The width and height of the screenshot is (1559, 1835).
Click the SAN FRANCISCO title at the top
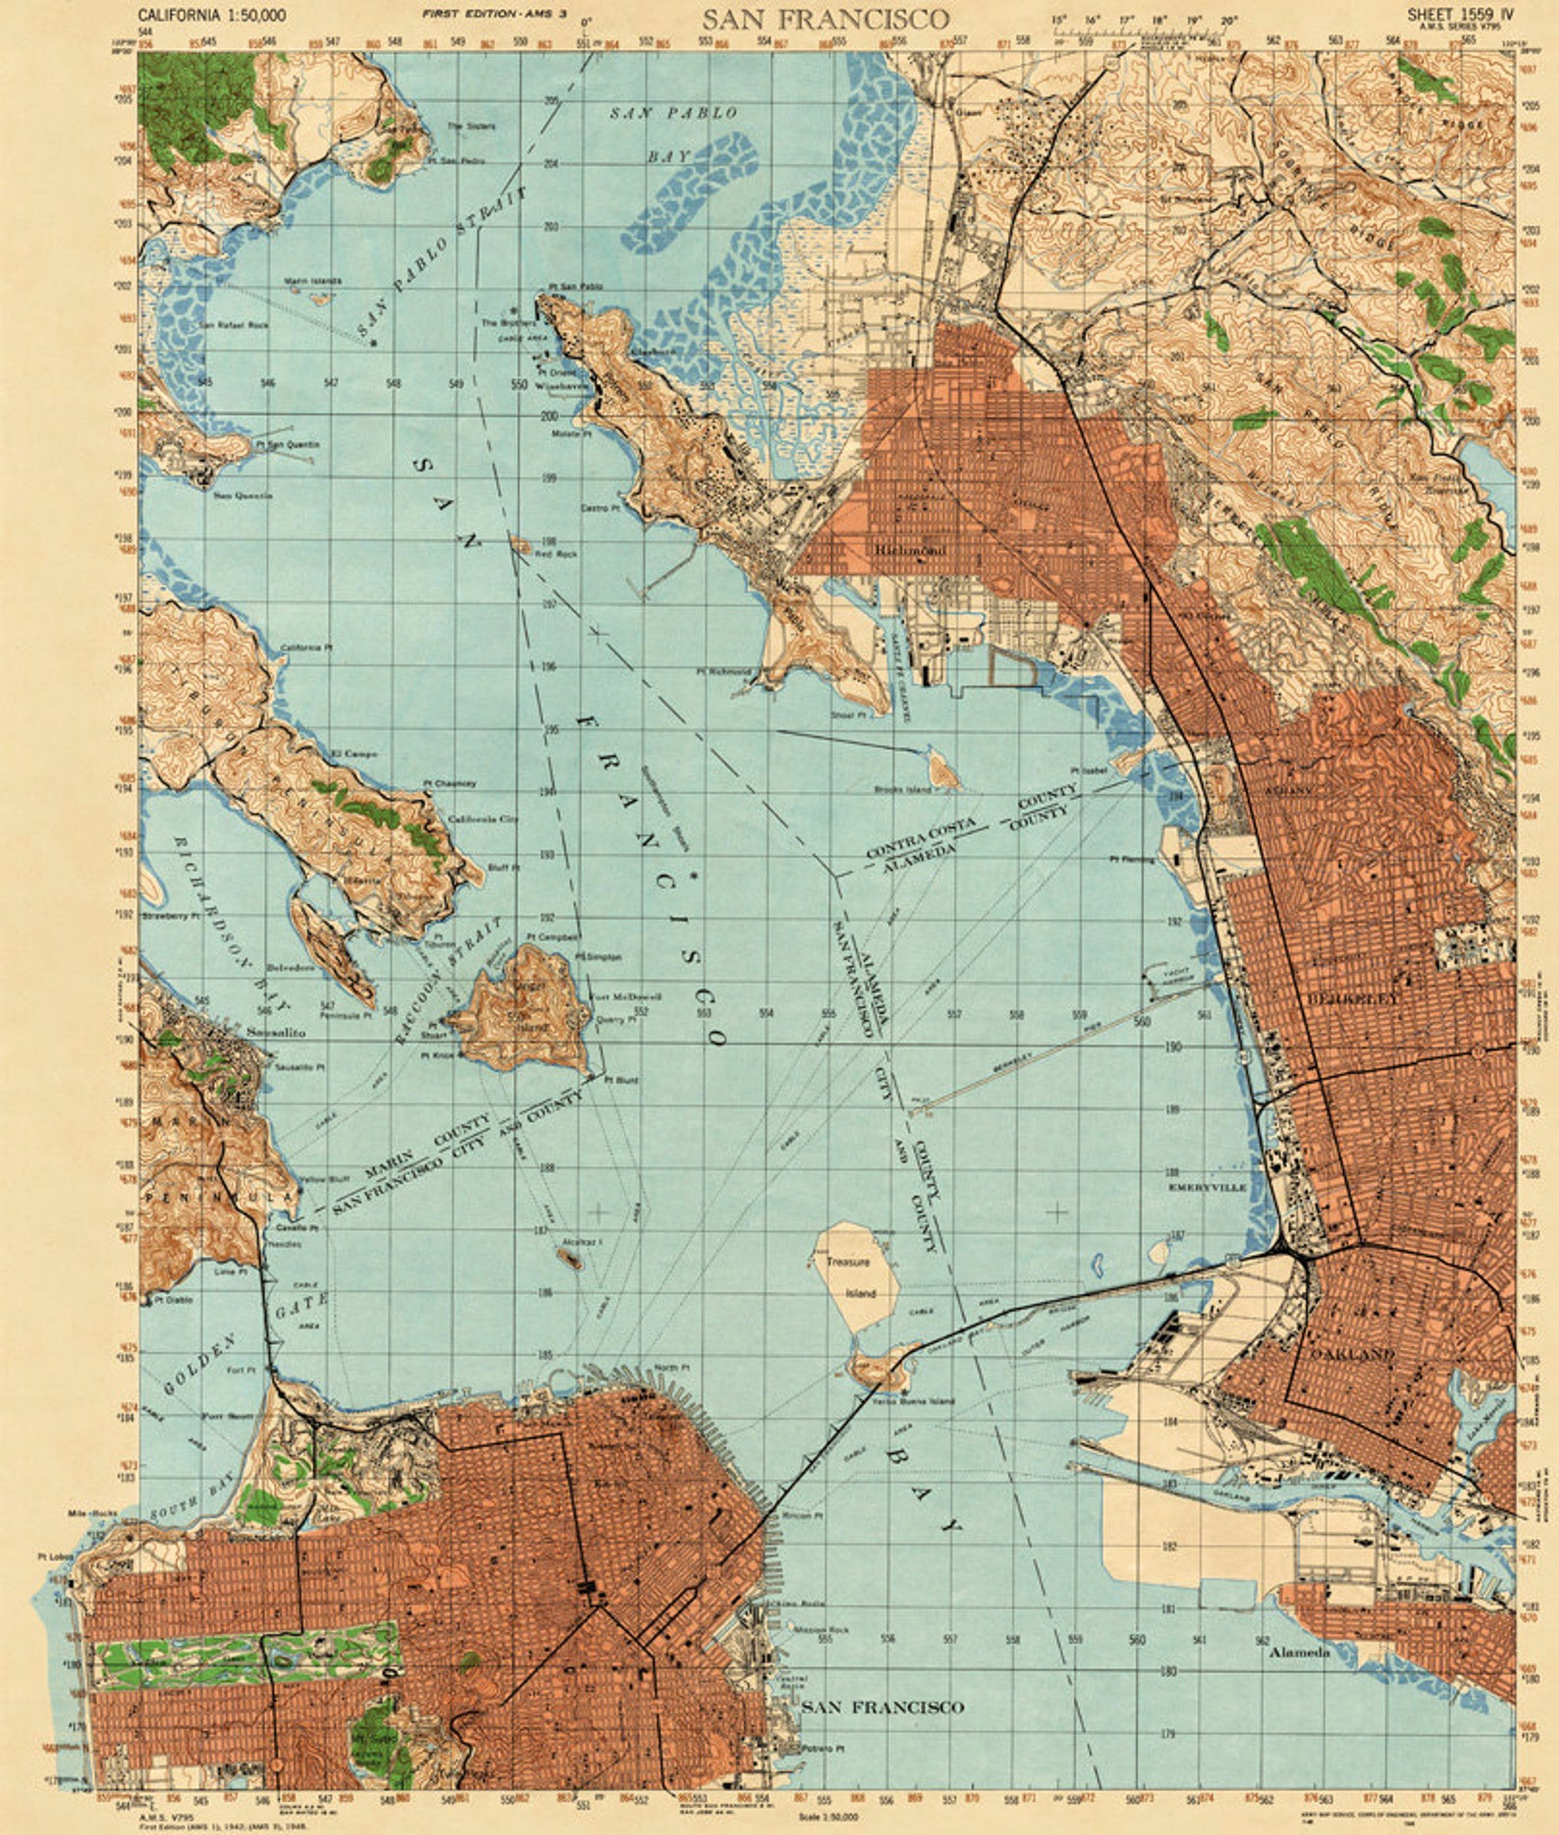pyautogui.click(x=825, y=19)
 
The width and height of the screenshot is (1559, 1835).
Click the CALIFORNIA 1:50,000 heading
pyautogui.click(x=212, y=15)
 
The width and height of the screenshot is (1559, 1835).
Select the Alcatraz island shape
pyautogui.click(x=569, y=1256)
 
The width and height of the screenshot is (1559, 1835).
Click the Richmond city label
pyautogui.click(x=909, y=551)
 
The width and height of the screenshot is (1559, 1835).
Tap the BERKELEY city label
pyautogui.click(x=1352, y=998)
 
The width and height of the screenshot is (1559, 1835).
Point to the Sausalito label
pyautogui.click(x=276, y=1033)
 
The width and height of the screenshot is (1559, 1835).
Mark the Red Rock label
pyautogui.click(x=556, y=554)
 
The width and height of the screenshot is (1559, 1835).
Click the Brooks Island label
pyautogui.click(x=902, y=788)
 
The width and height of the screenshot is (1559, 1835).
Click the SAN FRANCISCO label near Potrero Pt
pyautogui.click(x=883, y=1707)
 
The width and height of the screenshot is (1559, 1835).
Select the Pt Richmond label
pyautogui.click(x=723, y=672)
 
